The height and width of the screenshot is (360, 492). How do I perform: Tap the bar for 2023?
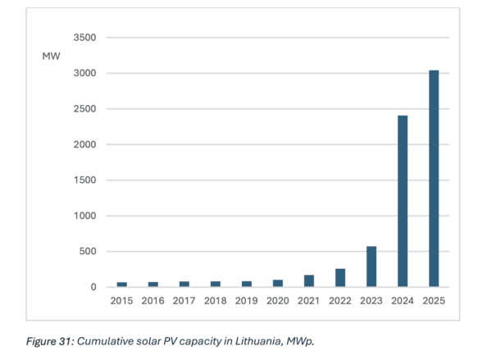coord(371,267)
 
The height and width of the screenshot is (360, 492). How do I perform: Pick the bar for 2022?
coord(340,277)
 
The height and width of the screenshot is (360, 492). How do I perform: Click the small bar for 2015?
coord(122,284)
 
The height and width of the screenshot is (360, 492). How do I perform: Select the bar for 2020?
coord(279,283)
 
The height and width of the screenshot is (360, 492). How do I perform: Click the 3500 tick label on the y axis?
coord(84,38)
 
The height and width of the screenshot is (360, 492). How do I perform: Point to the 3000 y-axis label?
coord(84,74)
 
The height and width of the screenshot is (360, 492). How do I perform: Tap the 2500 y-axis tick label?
coord(84,109)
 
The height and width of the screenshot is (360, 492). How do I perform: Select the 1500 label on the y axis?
coord(84,180)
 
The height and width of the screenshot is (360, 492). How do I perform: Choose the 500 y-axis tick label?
coord(88,252)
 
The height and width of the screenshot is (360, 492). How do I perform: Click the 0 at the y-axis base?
coord(93,287)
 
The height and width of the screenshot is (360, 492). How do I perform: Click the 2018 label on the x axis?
coord(216,302)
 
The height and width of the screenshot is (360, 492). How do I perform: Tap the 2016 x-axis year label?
coord(153,302)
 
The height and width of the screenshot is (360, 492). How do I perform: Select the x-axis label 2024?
coord(402,302)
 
